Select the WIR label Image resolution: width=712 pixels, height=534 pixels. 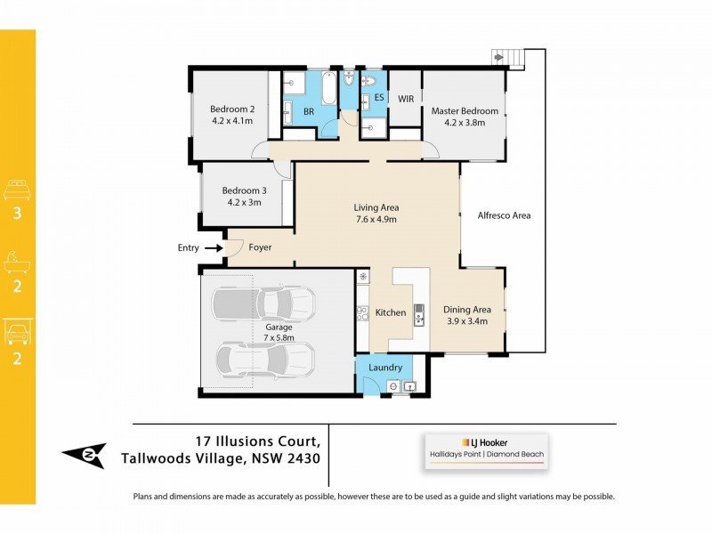406,99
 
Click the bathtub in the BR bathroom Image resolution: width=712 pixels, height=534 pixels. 328,100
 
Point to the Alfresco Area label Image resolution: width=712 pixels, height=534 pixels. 504,215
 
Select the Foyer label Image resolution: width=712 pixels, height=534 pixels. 260,247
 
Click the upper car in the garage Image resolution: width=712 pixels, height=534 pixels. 263,303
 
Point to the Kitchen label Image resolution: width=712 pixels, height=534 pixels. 391,312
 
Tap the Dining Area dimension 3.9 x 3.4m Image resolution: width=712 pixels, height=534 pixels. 465,321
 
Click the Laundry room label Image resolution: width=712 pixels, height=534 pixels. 385,367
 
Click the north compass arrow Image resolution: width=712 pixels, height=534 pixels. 84,455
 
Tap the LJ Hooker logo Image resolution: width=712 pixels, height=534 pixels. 486,441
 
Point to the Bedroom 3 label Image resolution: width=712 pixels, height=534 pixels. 244,190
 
